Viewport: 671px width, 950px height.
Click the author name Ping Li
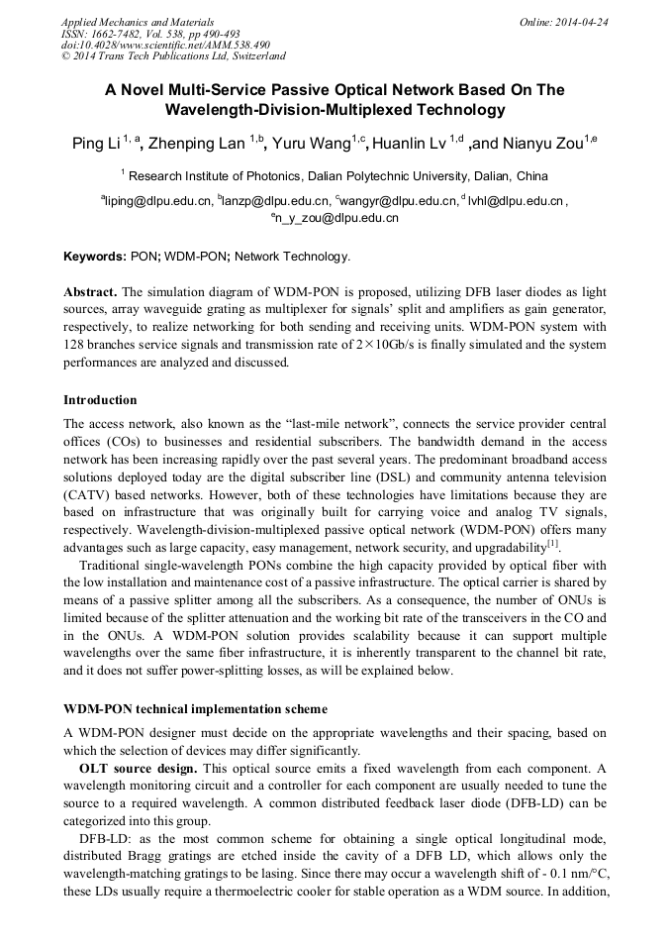[95, 145]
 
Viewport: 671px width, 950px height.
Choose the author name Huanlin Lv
[409, 145]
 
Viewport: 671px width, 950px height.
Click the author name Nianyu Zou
[539, 145]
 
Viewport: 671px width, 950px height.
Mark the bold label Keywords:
[95, 257]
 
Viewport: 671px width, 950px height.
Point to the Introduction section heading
[100, 400]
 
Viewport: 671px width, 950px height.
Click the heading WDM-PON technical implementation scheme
[195, 710]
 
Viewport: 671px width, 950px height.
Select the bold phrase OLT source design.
[138, 769]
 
